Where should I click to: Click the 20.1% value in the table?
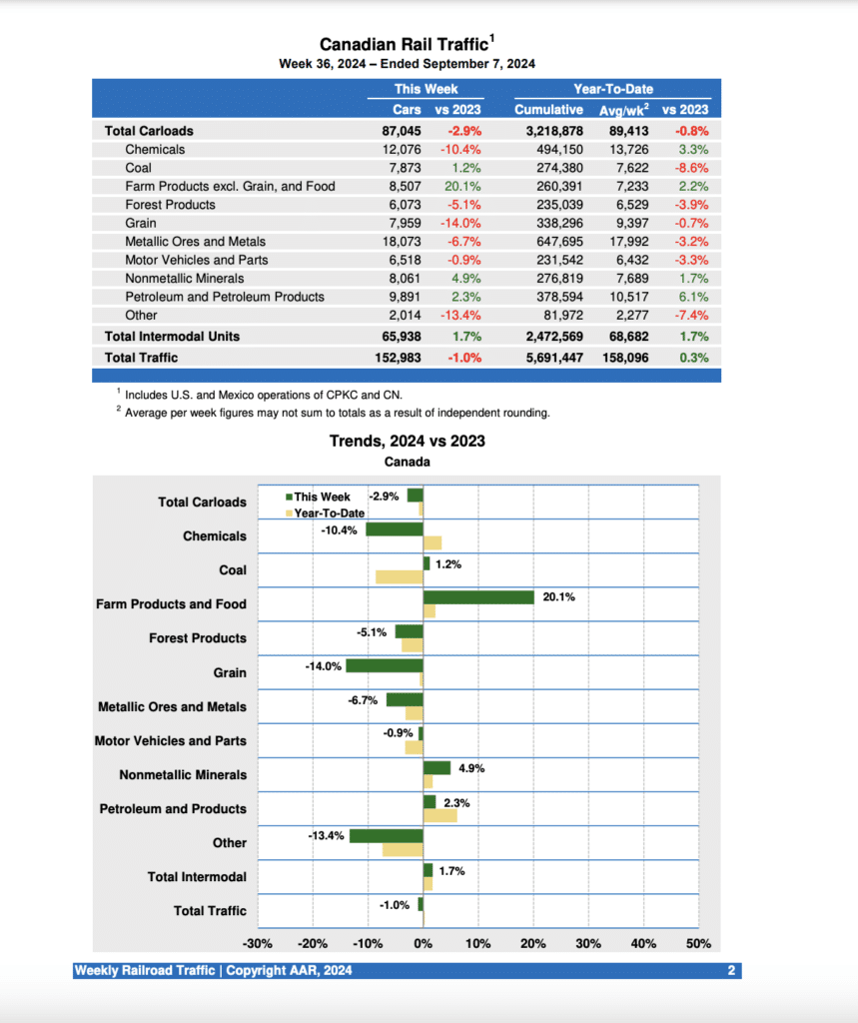462,186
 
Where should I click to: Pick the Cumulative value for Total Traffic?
548,357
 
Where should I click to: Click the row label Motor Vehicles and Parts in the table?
197,260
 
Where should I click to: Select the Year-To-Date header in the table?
612,89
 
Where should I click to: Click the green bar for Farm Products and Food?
478,597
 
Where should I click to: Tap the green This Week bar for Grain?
385,665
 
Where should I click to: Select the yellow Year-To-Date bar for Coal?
400,576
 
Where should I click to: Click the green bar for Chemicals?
394,529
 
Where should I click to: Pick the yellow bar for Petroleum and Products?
440,815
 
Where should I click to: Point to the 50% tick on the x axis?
698,944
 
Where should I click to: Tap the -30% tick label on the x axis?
258,944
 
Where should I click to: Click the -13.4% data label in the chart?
327,827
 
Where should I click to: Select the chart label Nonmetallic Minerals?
182,775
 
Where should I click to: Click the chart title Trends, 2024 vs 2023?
408,441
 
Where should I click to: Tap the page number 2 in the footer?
731,971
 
